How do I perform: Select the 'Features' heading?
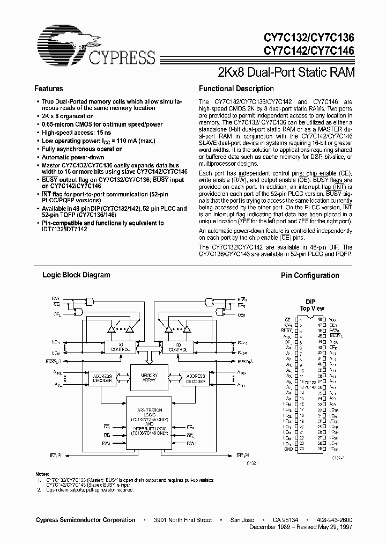point(49,89)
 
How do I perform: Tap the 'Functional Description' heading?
point(236,89)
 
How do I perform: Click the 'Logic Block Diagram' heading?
point(76,275)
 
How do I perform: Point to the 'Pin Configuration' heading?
point(310,275)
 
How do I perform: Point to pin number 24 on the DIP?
point(302,449)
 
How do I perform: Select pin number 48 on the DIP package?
point(320,319)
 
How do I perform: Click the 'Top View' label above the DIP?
point(311,309)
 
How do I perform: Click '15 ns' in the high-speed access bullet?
point(105,133)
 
